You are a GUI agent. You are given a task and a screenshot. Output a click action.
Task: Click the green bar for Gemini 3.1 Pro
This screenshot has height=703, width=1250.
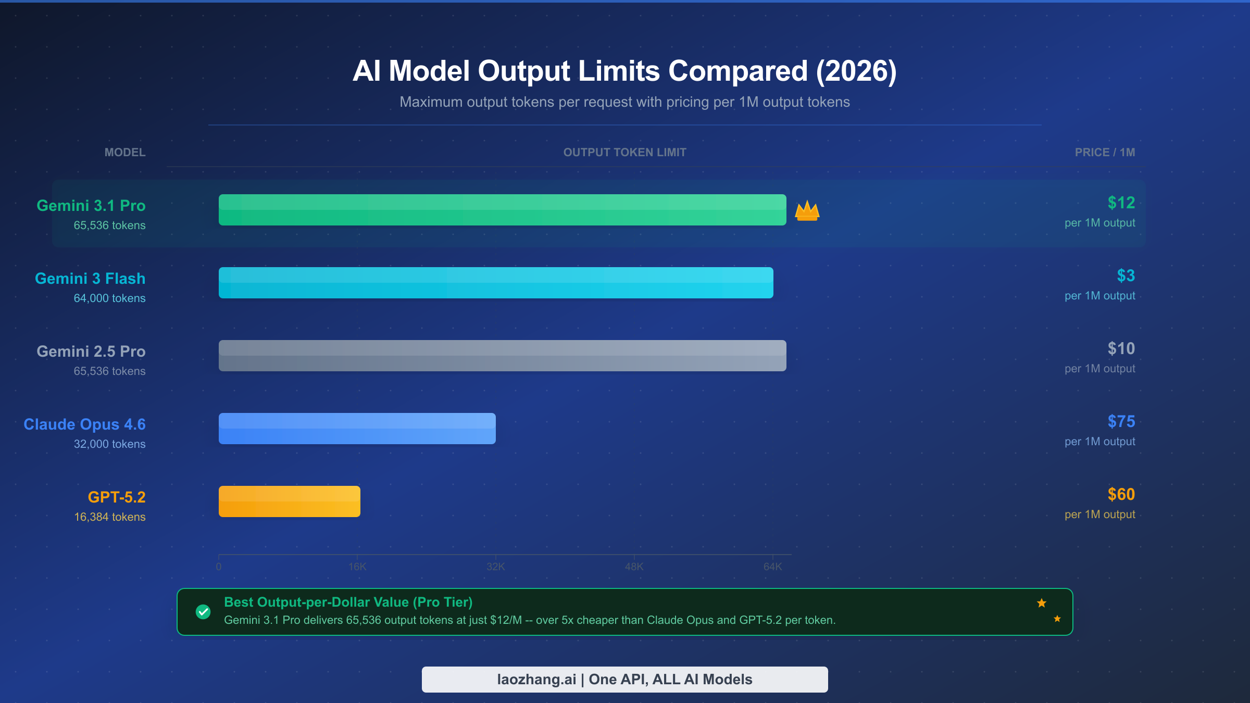tap(502, 210)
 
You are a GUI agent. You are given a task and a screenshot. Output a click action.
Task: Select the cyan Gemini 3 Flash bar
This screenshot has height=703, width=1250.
tap(496, 283)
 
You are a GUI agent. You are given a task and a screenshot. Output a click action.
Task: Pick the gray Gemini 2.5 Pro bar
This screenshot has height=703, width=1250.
tap(502, 356)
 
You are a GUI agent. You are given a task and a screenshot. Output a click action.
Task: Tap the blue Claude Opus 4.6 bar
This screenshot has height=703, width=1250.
tap(357, 429)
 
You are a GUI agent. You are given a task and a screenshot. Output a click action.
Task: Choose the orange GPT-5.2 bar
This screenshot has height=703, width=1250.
tap(289, 501)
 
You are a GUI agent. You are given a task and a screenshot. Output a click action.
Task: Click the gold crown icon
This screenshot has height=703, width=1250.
tap(807, 211)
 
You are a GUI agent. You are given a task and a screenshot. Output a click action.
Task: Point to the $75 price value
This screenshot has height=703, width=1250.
tap(1121, 421)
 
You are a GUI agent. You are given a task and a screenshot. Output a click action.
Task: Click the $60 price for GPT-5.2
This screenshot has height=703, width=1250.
tap(1121, 494)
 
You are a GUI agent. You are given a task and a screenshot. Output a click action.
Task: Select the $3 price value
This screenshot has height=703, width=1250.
tap(1126, 275)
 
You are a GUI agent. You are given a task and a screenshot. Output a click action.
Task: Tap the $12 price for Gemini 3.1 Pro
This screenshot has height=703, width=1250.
tap(1121, 203)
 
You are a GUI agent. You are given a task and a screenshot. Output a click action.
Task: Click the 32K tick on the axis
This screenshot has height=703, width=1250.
tap(495, 567)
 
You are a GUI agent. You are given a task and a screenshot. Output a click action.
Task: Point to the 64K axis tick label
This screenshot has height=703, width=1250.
tap(772, 567)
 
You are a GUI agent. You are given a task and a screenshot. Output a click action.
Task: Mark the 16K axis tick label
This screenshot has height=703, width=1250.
tap(357, 567)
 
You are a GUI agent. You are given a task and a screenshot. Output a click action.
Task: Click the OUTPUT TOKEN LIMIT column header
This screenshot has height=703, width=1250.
tap(624, 153)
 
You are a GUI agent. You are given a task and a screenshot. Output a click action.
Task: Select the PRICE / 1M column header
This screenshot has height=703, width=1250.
tap(1105, 153)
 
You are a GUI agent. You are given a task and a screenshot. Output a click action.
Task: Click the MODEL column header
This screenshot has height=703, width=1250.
tap(125, 153)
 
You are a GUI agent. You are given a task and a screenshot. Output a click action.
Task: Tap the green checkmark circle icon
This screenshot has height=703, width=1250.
tap(203, 612)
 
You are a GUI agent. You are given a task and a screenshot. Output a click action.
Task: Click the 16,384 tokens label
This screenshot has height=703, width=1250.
tap(109, 517)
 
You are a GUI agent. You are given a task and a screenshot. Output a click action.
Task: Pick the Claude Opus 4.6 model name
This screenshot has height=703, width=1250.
tap(84, 424)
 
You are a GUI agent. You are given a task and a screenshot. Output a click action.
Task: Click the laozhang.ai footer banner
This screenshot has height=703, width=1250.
tap(624, 680)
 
